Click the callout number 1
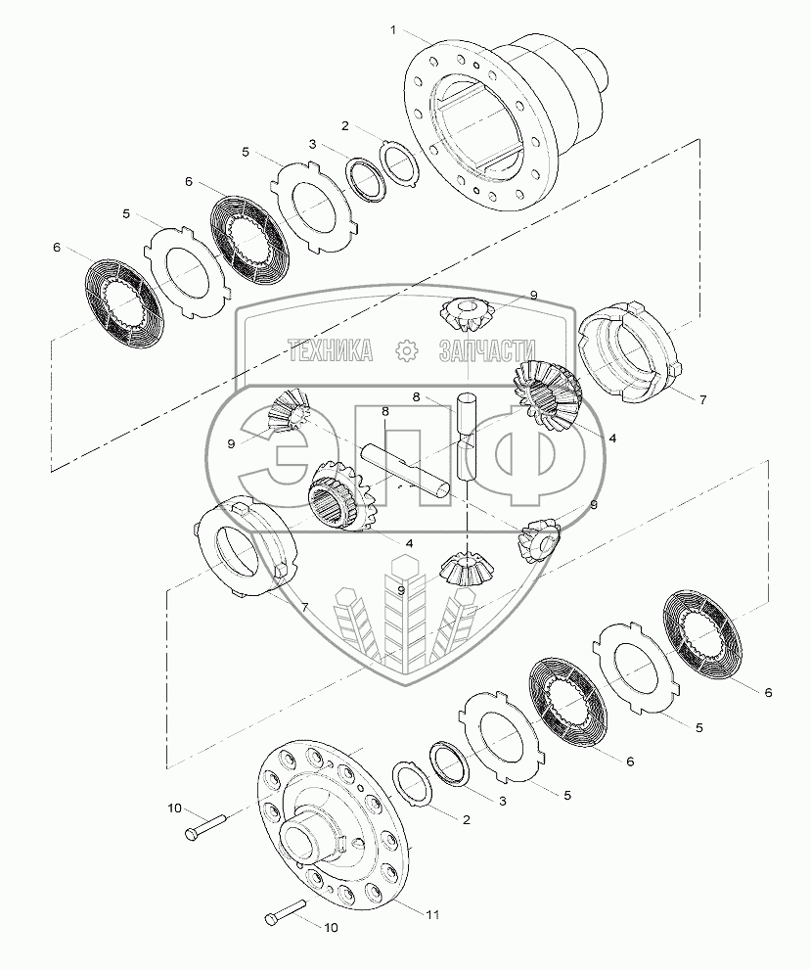[x=393, y=29]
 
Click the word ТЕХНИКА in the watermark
[x=331, y=350]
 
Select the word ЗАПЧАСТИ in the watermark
[x=486, y=350]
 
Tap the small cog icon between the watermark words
[x=406, y=350]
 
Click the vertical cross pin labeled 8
[x=467, y=437]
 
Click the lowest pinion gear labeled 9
[x=464, y=569]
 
